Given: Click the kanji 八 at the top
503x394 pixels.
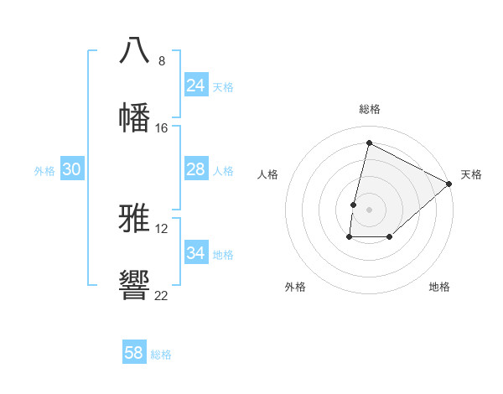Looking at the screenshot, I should [135, 49].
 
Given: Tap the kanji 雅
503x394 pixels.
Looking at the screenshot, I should [135, 218].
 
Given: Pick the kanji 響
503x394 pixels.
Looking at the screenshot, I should [135, 285].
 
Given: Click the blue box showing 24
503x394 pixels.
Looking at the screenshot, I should [196, 86].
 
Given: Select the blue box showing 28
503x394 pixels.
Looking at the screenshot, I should [196, 169].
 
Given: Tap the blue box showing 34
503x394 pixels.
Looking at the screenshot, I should [196, 253].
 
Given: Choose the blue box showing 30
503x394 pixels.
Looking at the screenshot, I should [72, 169].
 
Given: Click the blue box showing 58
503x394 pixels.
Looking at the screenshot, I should [134, 353].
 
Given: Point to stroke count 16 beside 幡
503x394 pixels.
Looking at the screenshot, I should [162, 128].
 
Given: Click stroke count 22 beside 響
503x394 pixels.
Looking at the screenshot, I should [162, 296].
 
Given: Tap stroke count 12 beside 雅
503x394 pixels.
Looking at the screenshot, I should [162, 229].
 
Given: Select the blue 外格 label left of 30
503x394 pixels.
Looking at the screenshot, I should [44, 171].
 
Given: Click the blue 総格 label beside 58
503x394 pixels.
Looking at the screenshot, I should [161, 355].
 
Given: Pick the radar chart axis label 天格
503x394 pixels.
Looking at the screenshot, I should [471, 174].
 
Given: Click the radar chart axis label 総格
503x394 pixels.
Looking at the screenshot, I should [370, 109].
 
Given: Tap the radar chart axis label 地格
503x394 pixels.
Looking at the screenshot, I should [439, 287].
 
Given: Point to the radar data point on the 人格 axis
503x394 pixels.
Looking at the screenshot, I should [354, 205].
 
